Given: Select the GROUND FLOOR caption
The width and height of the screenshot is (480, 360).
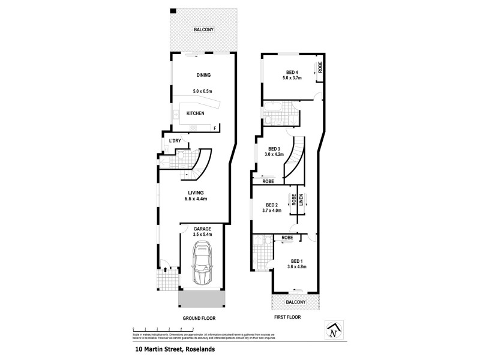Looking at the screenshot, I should click(x=199, y=318).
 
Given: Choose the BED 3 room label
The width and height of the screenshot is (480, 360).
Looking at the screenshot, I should click(x=275, y=149).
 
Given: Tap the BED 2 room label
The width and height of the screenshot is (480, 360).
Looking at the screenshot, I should click(x=272, y=204).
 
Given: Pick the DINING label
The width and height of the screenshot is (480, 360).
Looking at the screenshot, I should click(x=203, y=75).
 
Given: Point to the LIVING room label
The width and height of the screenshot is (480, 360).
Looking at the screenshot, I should click(x=196, y=193).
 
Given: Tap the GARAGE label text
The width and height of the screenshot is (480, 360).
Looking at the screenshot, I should click(x=202, y=229).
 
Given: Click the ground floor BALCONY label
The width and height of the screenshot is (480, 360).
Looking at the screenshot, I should click(x=203, y=29).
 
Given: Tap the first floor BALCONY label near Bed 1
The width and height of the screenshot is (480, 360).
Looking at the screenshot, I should click(x=295, y=302).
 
